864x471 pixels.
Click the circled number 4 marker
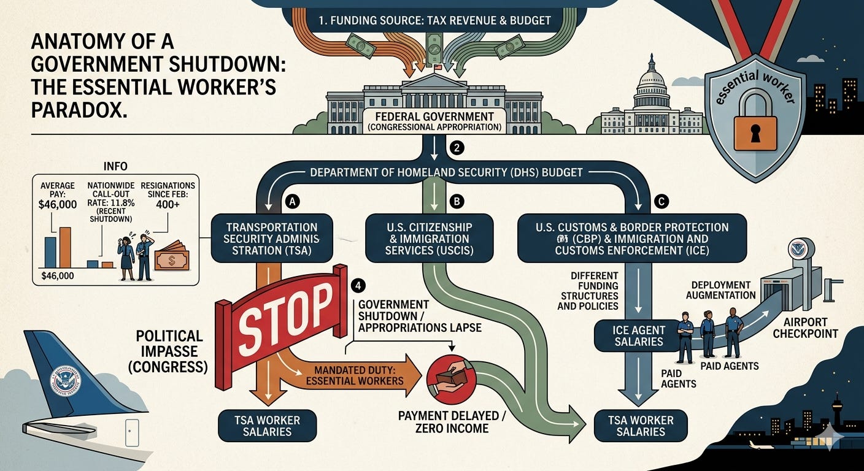[x=358, y=286]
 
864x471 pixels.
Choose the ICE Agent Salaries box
[x=639, y=335]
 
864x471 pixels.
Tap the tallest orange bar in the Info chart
[x=64, y=247]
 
